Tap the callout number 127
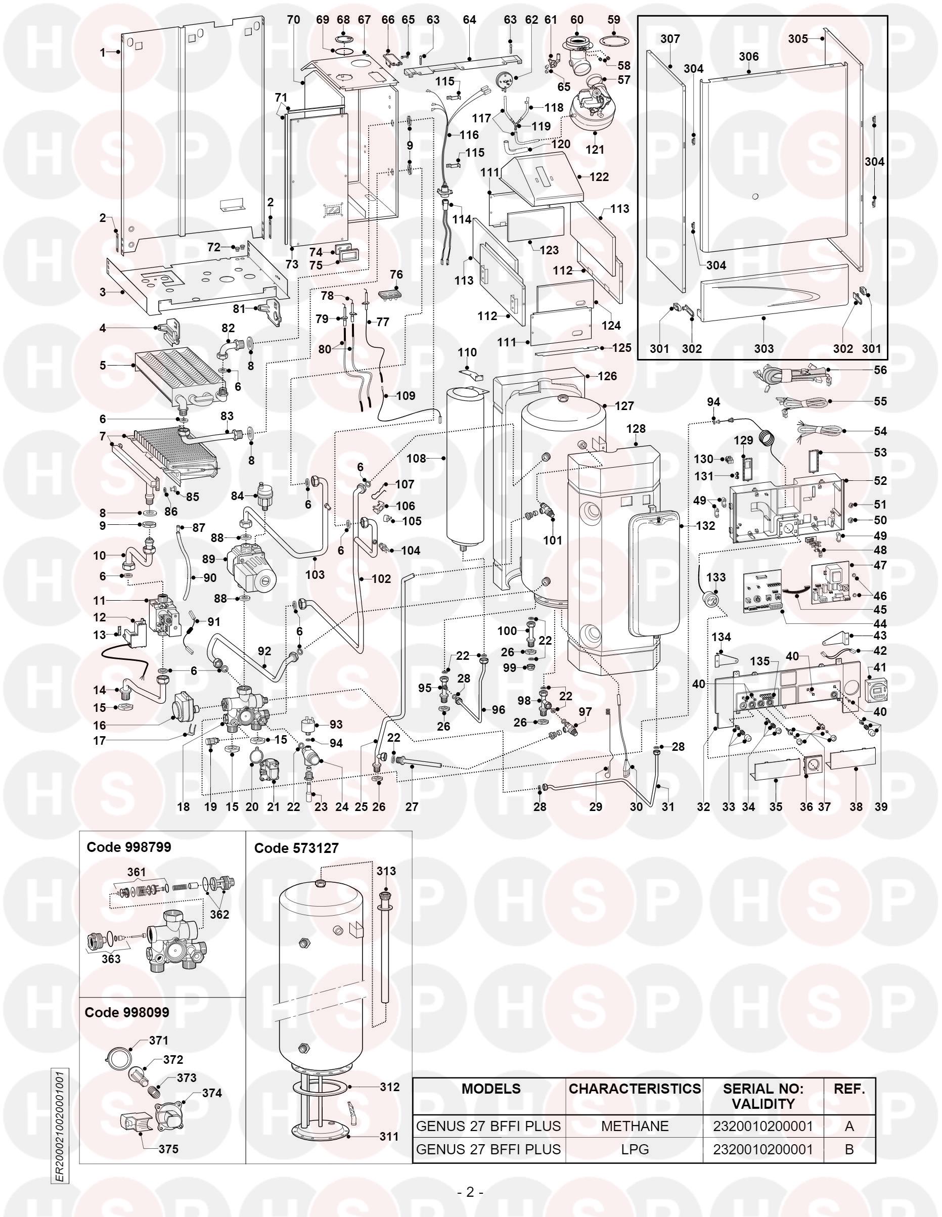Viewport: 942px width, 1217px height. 624,405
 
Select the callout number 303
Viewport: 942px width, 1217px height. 764,348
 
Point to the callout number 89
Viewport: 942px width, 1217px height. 208,559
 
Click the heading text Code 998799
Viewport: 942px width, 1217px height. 129,847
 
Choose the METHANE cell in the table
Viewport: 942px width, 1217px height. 635,1126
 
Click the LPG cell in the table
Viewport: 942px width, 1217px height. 635,1150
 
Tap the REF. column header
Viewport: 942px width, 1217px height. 849,1088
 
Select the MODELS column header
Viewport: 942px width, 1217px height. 490,1088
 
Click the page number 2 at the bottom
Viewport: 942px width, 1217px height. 470,1193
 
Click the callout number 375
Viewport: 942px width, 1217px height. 168,1149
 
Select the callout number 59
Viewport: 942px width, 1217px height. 613,20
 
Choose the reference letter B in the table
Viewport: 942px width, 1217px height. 849,1150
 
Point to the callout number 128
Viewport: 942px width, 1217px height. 636,429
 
